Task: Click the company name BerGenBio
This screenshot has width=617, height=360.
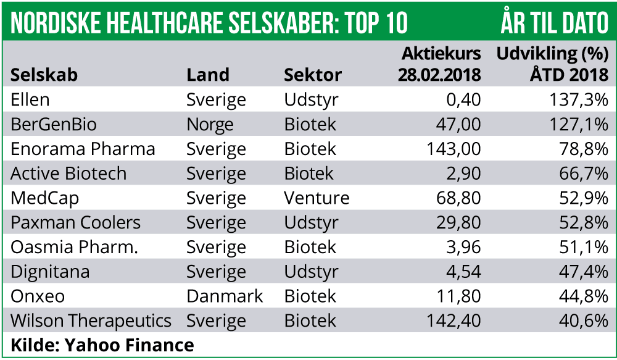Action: coord(54,125)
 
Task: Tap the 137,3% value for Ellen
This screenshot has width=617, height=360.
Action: coord(579,100)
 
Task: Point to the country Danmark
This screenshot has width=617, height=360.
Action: coord(225,296)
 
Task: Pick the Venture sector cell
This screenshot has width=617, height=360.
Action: coord(317,198)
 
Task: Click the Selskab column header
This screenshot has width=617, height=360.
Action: coord(44,75)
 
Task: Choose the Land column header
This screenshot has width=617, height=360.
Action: coord(208,75)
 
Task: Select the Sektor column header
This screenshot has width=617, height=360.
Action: coord(313,75)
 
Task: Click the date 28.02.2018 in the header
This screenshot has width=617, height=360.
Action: coord(439,75)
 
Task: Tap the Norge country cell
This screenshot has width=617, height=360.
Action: coord(210,125)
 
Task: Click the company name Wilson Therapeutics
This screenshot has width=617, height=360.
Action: coord(91,321)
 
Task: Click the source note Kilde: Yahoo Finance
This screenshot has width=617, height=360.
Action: coord(102,345)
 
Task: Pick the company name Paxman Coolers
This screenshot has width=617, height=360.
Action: coord(75,223)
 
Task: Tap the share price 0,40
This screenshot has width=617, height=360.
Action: coord(464,100)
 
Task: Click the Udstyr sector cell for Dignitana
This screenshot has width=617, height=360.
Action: coord(312,272)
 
